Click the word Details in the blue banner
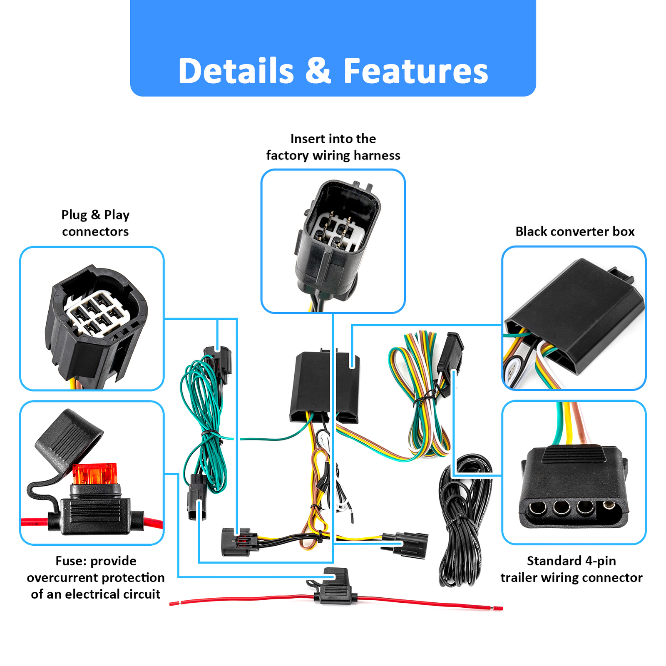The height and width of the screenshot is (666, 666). (236, 71)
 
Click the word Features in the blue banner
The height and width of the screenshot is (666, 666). (415, 71)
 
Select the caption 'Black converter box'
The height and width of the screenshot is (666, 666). (575, 231)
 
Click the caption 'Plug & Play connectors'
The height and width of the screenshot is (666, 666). (95, 223)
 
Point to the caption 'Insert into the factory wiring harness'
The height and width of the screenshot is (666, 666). (333, 147)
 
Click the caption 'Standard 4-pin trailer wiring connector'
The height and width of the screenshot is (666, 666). (571, 569)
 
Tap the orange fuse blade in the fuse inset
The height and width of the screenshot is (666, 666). (94, 474)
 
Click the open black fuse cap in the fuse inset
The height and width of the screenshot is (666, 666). (69, 437)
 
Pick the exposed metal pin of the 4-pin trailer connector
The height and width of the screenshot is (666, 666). (609, 506)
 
